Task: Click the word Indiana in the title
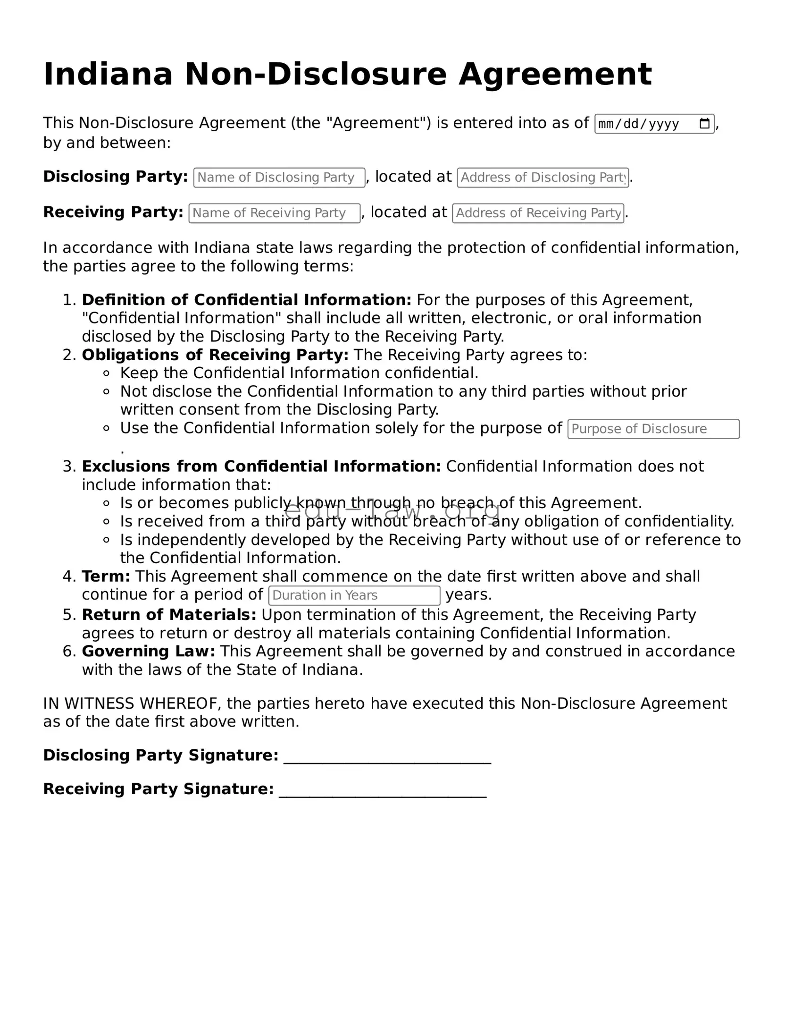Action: [108, 74]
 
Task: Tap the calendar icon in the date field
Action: [704, 124]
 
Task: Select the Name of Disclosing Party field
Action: [279, 178]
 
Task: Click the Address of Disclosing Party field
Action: [543, 178]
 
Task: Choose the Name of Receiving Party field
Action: [274, 213]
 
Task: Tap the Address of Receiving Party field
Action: [538, 213]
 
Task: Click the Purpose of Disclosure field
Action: [653, 429]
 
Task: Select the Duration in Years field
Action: [354, 595]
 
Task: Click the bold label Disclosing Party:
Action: [116, 177]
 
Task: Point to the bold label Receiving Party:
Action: [113, 212]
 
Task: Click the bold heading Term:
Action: [106, 576]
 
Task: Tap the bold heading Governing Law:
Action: [149, 652]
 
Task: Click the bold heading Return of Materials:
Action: [169, 615]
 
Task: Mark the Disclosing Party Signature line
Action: [387, 757]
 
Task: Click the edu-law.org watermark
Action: [392, 510]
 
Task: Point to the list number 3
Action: [68, 466]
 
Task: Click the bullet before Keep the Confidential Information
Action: [107, 373]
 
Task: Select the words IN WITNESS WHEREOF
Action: [132, 703]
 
